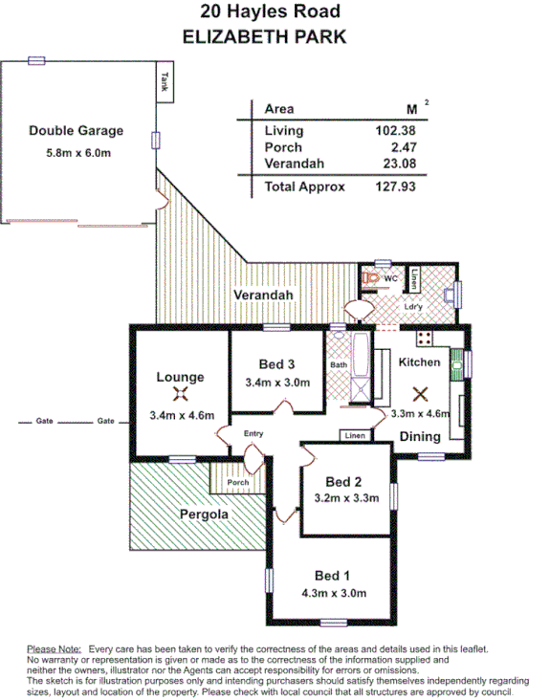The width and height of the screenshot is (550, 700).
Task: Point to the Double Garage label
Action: point(76,131)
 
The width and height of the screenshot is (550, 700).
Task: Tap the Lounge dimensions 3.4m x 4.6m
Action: point(182,415)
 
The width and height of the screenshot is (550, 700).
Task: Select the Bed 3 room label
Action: point(276,363)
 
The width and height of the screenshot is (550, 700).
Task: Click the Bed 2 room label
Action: point(342,480)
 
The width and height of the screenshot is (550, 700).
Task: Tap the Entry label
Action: point(253,434)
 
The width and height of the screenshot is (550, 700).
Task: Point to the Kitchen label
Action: point(419,361)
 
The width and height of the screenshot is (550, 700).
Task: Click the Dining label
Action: point(420,437)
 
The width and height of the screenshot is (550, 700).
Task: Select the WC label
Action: point(390,278)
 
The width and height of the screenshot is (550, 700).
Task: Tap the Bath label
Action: point(339,364)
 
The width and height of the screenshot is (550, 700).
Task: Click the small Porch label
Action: point(238,482)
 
